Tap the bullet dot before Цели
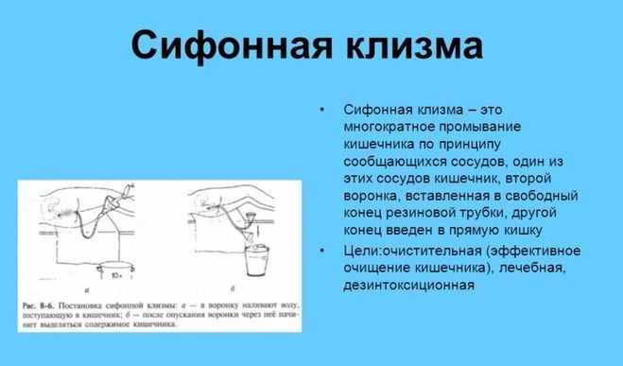(x=321, y=251)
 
